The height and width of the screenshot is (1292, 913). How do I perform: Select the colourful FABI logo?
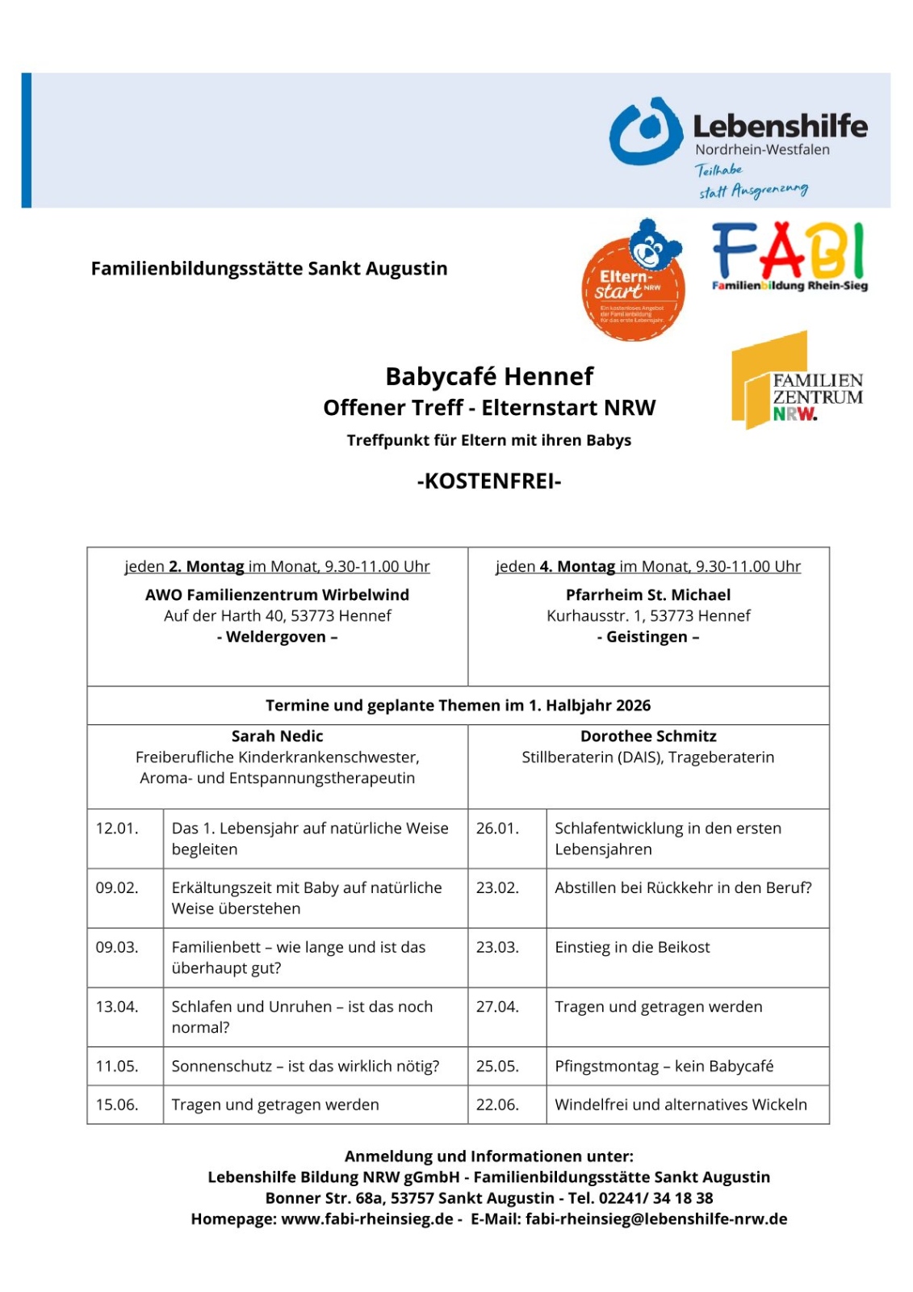click(x=789, y=255)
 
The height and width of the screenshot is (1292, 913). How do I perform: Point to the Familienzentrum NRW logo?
click(x=796, y=381)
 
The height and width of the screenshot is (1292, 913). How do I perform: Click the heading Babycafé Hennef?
click(x=488, y=376)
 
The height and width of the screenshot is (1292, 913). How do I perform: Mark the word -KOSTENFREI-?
click(x=488, y=481)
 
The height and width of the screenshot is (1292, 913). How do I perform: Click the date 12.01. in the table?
click(x=117, y=828)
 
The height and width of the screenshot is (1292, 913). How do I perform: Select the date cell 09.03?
click(x=117, y=947)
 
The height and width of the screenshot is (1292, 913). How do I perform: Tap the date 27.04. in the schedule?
click(x=497, y=1007)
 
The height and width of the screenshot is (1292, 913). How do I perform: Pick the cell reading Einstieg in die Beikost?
click(x=632, y=947)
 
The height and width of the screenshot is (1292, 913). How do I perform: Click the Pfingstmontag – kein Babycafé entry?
click(x=664, y=1066)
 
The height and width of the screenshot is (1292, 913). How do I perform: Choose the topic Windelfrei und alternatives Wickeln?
click(x=681, y=1105)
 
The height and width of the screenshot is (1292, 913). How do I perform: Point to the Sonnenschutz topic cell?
click(x=305, y=1066)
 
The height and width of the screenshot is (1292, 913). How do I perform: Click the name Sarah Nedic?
click(x=277, y=736)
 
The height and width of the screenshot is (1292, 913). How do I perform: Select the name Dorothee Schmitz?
click(x=648, y=736)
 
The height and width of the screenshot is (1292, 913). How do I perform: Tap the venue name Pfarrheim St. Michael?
click(x=648, y=595)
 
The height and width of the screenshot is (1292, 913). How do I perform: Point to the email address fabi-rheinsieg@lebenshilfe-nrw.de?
click(x=655, y=1219)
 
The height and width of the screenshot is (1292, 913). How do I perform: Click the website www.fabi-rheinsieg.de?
click(x=366, y=1219)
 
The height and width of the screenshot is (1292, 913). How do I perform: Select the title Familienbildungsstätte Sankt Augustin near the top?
click(x=269, y=269)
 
